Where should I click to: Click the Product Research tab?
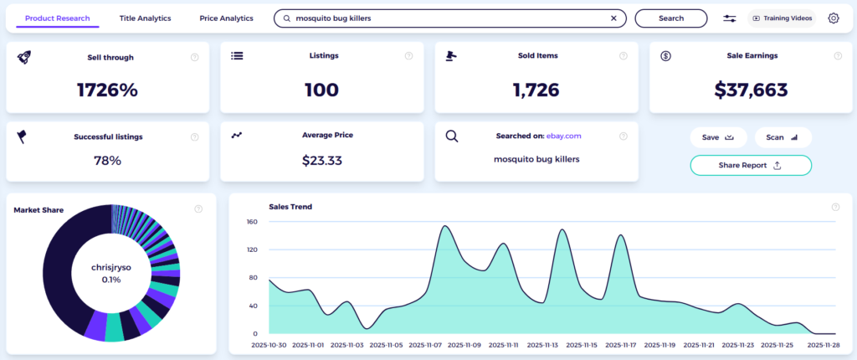[57, 18]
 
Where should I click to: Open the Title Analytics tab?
[145, 18]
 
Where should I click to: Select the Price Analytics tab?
[226, 18]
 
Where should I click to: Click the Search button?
[670, 18]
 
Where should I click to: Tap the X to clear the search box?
[613, 18]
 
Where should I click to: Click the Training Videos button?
[781, 18]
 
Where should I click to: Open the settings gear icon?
[834, 18]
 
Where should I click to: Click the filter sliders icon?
[730, 18]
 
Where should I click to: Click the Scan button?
[783, 137]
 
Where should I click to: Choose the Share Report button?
[750, 165]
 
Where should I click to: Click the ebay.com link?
[563, 136]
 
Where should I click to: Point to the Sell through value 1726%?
[107, 90]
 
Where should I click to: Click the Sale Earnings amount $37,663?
[752, 90]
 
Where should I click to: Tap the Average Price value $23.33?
[321, 160]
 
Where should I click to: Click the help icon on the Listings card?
[409, 57]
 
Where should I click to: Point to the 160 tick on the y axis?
[252, 222]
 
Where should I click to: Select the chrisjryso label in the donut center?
[111, 267]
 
